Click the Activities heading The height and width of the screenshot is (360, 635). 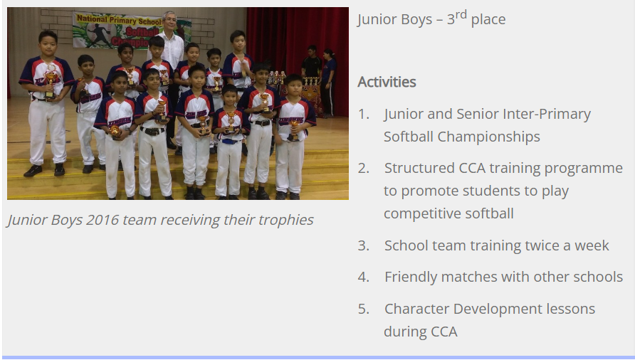tap(387, 83)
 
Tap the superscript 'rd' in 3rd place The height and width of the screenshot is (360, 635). tap(461, 16)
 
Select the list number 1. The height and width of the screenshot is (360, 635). tap(363, 115)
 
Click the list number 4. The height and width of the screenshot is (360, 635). tap(364, 277)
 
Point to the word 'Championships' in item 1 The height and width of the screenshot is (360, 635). tap(489, 137)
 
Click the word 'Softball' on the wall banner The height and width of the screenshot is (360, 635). tap(142, 31)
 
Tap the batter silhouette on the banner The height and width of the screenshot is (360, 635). tap(99, 36)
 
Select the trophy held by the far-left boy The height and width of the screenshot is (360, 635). tap(51, 81)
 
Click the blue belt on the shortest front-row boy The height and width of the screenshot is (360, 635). tap(229, 142)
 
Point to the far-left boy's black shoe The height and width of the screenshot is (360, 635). tap(33, 171)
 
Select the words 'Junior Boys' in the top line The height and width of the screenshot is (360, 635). tap(395, 19)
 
